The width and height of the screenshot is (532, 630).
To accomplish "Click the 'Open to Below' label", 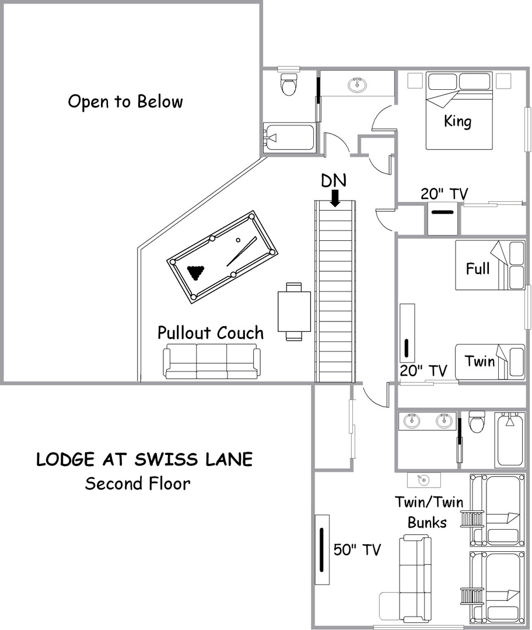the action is point(125,101).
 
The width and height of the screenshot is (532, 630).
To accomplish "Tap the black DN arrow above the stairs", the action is point(335,198).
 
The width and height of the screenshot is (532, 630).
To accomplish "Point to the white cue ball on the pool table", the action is point(238,240).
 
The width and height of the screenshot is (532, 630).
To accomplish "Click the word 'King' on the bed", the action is point(458,121).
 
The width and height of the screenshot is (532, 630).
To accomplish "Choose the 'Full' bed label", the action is point(478,268).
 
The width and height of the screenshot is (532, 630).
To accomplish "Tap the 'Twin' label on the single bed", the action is point(480,361).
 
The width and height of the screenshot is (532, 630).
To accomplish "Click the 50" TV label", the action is point(357,549).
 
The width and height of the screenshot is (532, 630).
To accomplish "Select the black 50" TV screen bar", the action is point(322,549).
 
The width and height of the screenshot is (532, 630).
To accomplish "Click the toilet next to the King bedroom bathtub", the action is point(289,84).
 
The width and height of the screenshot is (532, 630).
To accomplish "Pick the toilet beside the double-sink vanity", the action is point(477,422).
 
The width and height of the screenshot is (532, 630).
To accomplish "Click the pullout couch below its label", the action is point(212,361).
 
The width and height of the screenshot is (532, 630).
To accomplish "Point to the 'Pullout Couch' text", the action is point(211,332).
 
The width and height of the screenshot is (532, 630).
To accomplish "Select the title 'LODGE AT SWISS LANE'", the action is point(145,460).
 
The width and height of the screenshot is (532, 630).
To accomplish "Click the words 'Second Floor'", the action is point(138,484).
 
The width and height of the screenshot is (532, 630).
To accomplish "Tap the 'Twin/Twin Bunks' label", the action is point(429,512).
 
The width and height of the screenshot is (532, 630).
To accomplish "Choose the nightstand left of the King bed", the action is point(415,80).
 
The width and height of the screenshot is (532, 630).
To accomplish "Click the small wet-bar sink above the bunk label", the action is point(423,480).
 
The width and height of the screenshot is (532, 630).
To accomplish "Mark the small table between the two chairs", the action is point(294,311).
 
